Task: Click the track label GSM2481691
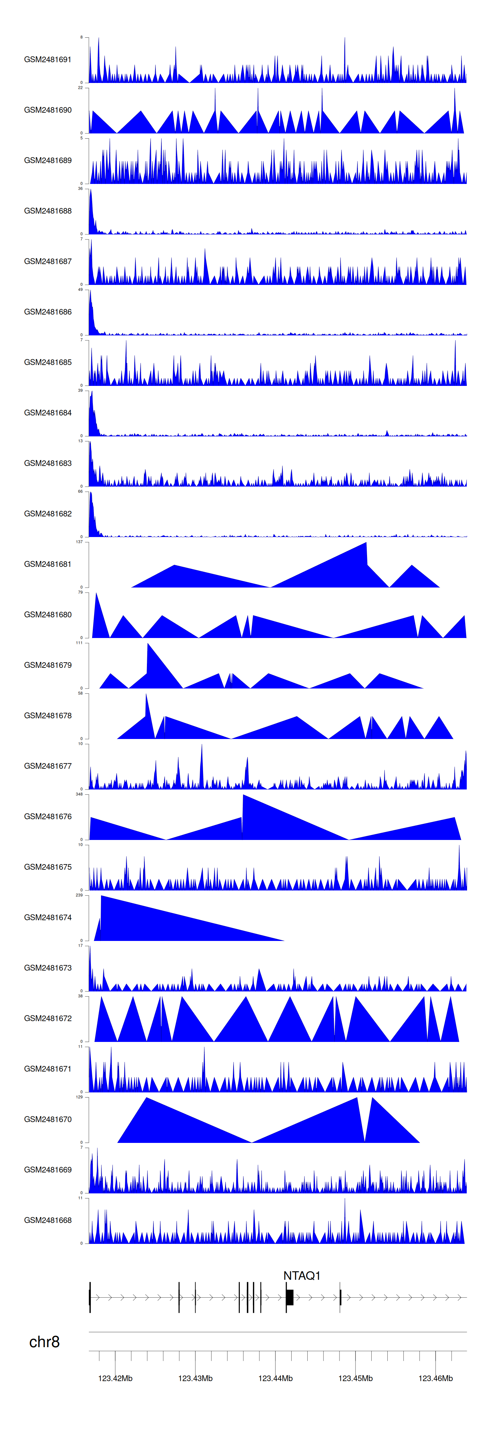[48, 60]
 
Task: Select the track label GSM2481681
[48, 564]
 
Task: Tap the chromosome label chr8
[44, 1342]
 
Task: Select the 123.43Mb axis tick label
[195, 1378]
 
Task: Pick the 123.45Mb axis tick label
[355, 1378]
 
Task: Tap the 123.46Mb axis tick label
[435, 1378]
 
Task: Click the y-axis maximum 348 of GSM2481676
[79, 794]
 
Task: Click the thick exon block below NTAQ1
[290, 1297]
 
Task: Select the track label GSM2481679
[48, 665]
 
